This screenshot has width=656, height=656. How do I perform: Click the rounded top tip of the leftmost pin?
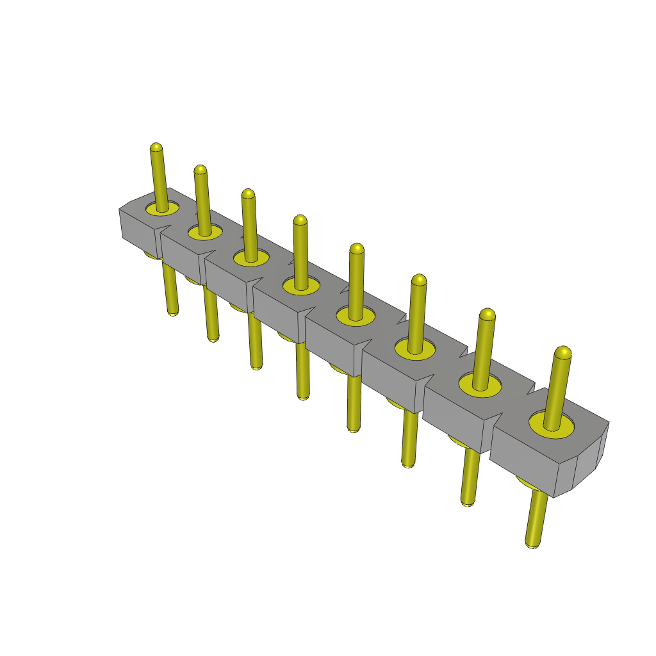pos(156,147)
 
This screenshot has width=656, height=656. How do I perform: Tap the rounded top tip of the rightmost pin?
pos(563,352)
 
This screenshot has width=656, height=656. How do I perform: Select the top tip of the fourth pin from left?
pos(300,220)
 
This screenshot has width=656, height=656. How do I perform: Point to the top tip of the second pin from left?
pos(200,170)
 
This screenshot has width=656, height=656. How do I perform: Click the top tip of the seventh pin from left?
pos(487,314)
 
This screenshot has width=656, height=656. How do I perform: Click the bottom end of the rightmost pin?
pos(531,544)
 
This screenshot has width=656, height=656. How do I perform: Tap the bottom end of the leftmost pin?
pos(172,312)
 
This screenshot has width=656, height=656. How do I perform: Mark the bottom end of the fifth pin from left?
pos(353,428)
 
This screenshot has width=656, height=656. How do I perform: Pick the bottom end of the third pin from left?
pos(256,366)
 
